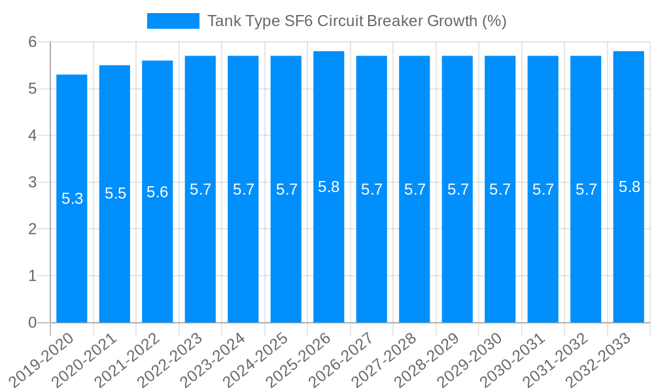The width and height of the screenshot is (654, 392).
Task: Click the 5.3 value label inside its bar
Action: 72,199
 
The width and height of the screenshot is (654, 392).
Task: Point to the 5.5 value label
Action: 115,193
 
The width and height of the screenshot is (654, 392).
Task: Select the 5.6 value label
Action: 158,192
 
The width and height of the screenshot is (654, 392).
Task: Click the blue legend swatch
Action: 173,21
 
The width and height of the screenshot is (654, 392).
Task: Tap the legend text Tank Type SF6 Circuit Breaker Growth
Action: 356,21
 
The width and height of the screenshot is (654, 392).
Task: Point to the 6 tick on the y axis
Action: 33,42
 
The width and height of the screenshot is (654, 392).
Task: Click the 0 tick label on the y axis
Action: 33,323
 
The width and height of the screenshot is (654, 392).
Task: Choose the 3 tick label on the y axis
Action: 33,182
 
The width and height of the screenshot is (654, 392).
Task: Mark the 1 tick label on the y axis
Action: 33,276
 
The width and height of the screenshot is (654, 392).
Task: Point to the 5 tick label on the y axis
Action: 33,89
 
